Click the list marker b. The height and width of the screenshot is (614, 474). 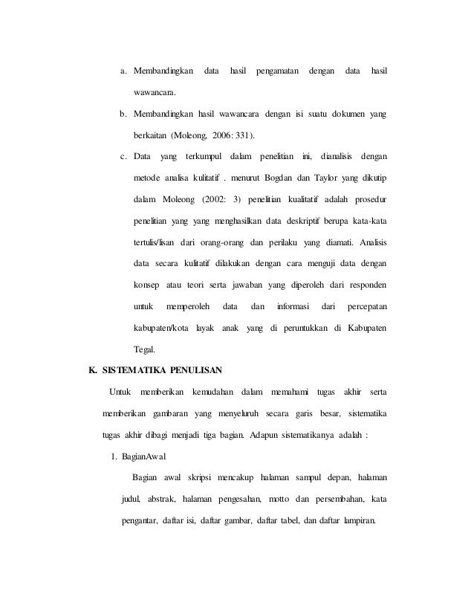pos(123,114)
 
